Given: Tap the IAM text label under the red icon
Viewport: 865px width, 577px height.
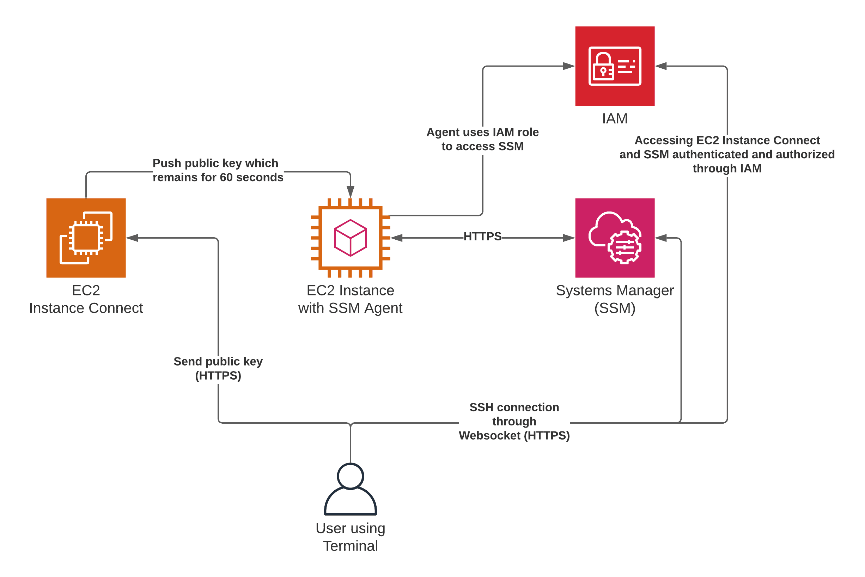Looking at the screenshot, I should point(615,118).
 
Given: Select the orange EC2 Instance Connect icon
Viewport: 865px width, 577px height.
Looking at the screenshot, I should point(86,238).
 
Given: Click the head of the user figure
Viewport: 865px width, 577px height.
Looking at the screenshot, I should point(350,476).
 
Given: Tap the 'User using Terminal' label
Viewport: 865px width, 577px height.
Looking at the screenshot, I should point(350,537).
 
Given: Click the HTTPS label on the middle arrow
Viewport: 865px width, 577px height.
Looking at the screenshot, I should point(482,236).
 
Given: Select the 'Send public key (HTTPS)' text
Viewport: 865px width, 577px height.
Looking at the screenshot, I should point(218,368).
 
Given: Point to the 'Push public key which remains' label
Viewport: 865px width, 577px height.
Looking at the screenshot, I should point(218,170).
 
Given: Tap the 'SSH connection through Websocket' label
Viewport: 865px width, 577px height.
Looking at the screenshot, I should point(514,421).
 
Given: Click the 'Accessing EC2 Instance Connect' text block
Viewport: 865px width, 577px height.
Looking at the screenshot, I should point(727,154).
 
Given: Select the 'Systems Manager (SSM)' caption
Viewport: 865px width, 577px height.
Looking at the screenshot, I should point(615,299).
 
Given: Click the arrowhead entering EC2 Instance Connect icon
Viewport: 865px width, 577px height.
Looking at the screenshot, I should point(132,238).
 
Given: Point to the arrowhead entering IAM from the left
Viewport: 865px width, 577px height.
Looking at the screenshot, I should point(569,66).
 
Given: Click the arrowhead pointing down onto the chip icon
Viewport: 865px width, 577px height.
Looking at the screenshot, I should point(350,192).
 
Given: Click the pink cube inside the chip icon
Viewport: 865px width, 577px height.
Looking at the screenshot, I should point(350,238).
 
